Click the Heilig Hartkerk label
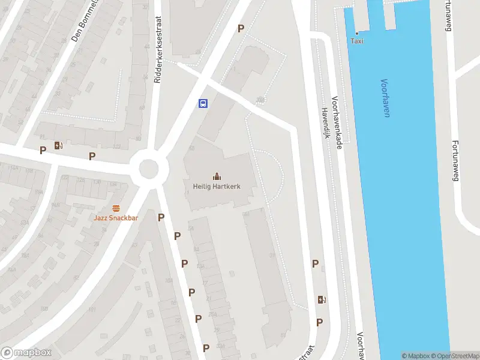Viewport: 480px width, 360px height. click(x=217, y=187)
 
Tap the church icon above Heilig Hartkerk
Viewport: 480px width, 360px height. click(x=217, y=176)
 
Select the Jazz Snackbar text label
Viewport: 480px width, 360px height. click(x=116, y=218)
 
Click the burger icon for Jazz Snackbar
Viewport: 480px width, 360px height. click(x=116, y=208)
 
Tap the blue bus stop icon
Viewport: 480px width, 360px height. click(x=203, y=103)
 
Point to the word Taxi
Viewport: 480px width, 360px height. click(x=357, y=41)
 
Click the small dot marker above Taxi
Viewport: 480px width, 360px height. click(x=357, y=33)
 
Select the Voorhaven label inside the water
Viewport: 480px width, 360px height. click(x=385, y=98)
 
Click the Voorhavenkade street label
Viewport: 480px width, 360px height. click(x=337, y=123)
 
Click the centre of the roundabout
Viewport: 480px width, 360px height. click(x=149, y=169)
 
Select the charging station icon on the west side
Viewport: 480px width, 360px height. click(x=58, y=145)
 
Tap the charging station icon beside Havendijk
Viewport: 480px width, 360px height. click(x=322, y=300)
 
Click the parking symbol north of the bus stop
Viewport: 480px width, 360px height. click(x=241, y=28)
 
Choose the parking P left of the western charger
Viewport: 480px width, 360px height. click(x=43, y=150)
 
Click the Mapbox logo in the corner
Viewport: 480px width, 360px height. click(x=26, y=352)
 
